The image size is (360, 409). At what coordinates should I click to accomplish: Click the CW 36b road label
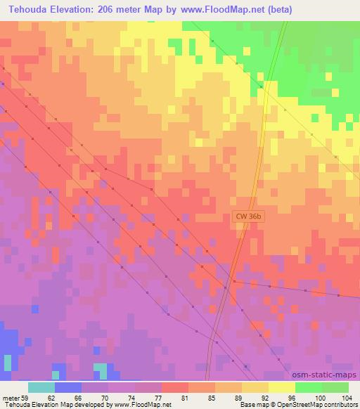point(248,219)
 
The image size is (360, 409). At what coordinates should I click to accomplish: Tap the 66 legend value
point(82,398)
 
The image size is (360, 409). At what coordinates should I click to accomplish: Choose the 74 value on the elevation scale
point(135,398)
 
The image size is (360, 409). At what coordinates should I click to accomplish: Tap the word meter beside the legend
point(9,398)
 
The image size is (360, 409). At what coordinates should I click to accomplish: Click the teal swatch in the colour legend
point(41,387)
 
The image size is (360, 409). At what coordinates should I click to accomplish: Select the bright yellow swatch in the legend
point(281,387)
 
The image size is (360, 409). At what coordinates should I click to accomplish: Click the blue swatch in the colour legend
point(68,387)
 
